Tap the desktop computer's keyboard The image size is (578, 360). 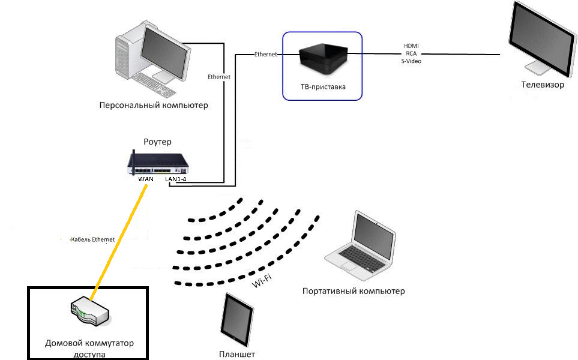pos(153,85)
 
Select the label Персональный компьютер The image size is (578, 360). pos(154,106)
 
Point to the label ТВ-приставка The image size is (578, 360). pos(323,86)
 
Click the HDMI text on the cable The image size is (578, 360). pos(411,46)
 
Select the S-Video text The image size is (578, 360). pos(411,61)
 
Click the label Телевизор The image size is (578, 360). pos(542,85)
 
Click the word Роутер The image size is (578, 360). pos(157,142)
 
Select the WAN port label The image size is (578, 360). pos(146,179)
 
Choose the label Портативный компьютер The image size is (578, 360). pos(354,292)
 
